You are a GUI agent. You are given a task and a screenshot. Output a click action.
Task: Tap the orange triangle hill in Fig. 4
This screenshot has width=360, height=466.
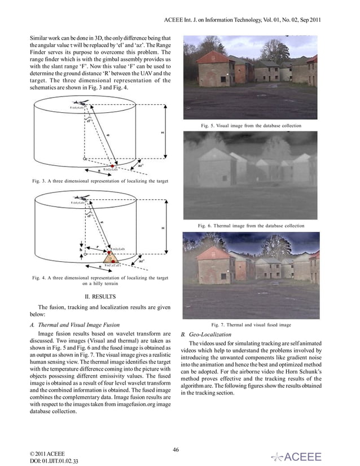tap(113, 257)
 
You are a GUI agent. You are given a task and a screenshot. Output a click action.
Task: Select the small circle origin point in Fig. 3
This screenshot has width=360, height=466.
tap(85, 159)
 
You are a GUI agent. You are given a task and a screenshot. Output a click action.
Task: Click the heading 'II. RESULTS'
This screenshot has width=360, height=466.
tap(99, 296)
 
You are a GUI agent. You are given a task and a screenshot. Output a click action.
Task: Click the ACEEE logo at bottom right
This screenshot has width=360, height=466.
tap(297, 456)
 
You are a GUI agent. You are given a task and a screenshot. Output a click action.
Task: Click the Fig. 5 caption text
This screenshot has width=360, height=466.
tap(251, 125)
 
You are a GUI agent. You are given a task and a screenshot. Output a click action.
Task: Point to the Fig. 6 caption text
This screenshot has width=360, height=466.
tap(251, 225)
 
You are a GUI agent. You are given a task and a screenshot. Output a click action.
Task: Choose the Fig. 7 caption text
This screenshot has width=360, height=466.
tap(251, 325)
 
